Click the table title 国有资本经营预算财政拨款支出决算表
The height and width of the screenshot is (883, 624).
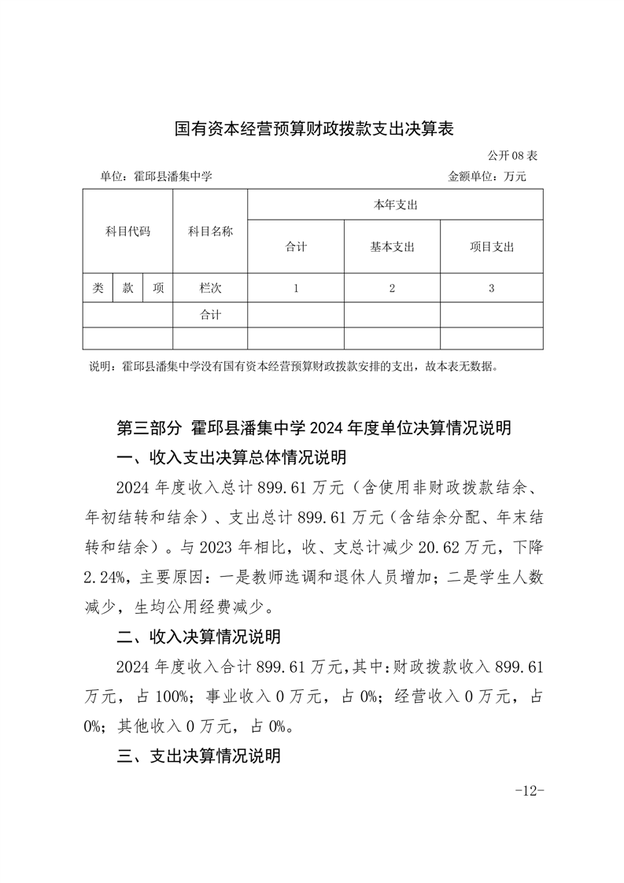click(x=314, y=129)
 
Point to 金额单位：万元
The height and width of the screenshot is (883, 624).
click(x=486, y=176)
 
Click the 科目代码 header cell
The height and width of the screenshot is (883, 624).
click(x=127, y=231)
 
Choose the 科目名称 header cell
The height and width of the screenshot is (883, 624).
click(x=210, y=231)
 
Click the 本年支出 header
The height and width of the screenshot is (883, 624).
click(x=394, y=205)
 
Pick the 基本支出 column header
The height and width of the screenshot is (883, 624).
click(x=392, y=246)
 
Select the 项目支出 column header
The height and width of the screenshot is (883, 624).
click(x=491, y=246)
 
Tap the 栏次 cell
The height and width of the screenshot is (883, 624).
click(x=210, y=288)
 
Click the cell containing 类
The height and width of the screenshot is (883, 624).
click(x=98, y=288)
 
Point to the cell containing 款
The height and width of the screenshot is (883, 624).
click(x=127, y=288)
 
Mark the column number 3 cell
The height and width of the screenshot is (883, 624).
click(x=491, y=288)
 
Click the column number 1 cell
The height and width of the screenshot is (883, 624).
click(x=296, y=288)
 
